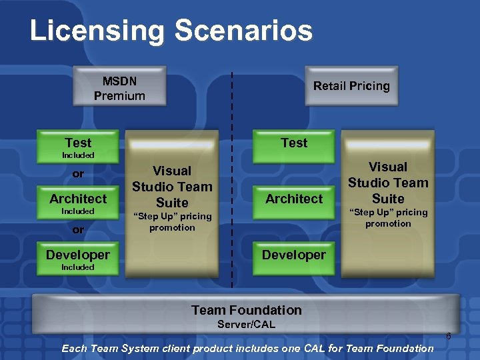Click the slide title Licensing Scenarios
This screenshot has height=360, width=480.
point(171,31)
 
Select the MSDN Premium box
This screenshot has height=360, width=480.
point(119,88)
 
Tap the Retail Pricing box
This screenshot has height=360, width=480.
point(351,86)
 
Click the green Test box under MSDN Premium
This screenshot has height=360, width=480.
point(78,143)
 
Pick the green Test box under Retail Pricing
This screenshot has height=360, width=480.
point(294,143)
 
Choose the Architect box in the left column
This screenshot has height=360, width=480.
point(78,199)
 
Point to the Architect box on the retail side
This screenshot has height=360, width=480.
point(294,199)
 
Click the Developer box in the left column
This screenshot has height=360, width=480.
point(78,255)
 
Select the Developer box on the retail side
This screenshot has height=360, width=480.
point(294,255)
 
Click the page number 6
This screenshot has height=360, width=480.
point(449,336)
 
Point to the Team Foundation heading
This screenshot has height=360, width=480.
point(246,310)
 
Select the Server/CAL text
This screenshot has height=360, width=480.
point(246,325)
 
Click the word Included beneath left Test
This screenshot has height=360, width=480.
point(78,155)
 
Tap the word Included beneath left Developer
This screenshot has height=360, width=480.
point(78,267)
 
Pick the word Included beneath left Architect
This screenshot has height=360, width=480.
point(78,211)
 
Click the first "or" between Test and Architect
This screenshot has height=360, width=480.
point(78,174)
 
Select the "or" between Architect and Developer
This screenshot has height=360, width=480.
point(78,229)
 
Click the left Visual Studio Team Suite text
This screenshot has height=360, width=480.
point(172,187)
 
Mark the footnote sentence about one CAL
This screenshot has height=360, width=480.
point(247,348)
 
